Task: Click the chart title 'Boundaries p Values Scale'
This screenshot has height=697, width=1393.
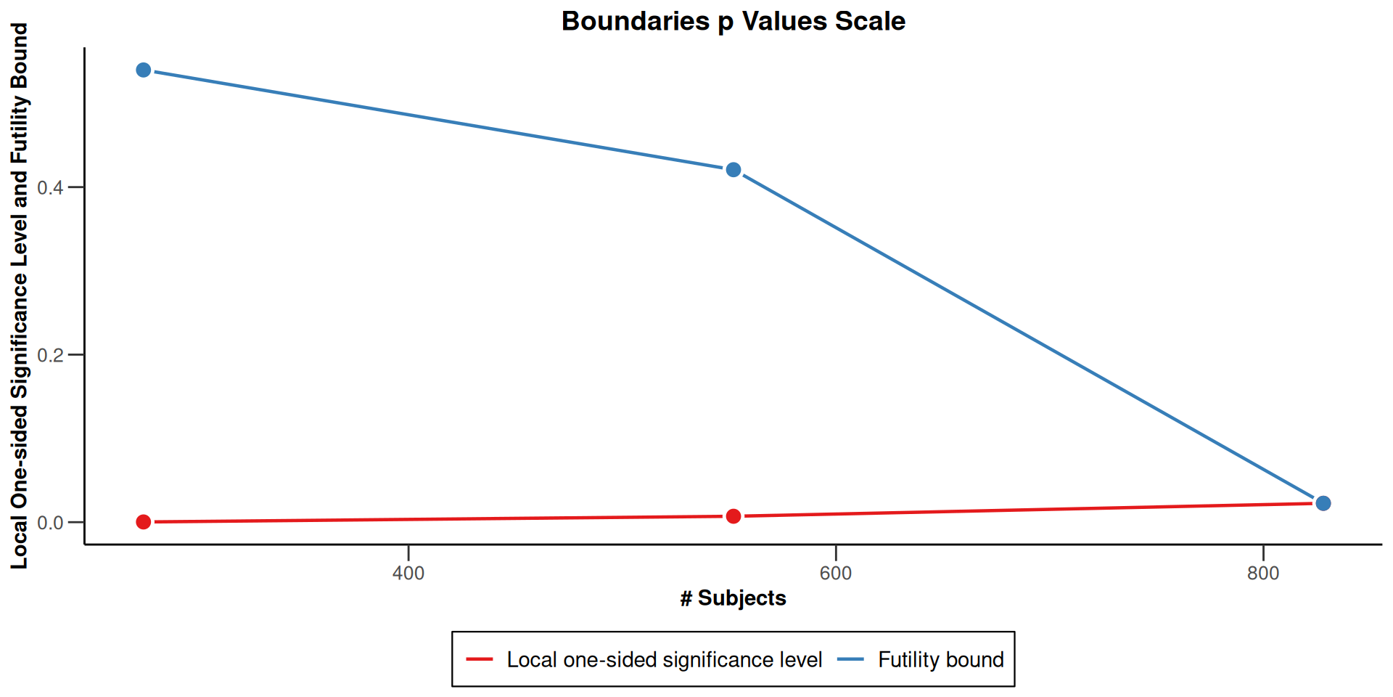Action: [x=733, y=21]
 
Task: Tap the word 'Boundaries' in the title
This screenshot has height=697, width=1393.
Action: [x=636, y=21]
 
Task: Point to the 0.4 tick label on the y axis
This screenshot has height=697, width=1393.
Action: [x=50, y=188]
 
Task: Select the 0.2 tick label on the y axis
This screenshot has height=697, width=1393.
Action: [x=50, y=356]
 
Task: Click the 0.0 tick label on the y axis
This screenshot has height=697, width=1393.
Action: [x=50, y=523]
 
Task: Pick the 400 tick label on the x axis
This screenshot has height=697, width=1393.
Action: [x=408, y=574]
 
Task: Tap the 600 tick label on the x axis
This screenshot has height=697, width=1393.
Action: [x=836, y=574]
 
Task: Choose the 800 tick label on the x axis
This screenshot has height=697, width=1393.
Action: [x=1263, y=574]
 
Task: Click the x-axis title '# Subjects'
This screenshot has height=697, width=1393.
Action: [x=733, y=598]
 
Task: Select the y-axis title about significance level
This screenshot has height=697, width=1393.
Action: [x=20, y=296]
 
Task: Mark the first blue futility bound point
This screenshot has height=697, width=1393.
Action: [x=144, y=70]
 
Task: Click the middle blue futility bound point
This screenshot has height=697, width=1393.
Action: [x=734, y=170]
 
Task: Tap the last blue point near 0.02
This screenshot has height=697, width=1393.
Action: [x=1323, y=503]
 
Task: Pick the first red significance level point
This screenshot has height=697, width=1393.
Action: [x=144, y=522]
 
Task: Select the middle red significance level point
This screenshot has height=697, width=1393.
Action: [x=734, y=516]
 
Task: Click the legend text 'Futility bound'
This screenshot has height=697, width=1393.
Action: [x=941, y=659]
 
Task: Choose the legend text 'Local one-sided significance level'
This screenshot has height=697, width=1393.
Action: [x=664, y=659]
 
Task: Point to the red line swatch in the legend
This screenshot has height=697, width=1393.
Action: [x=480, y=659]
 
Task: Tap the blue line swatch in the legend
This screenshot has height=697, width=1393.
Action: [x=851, y=659]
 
